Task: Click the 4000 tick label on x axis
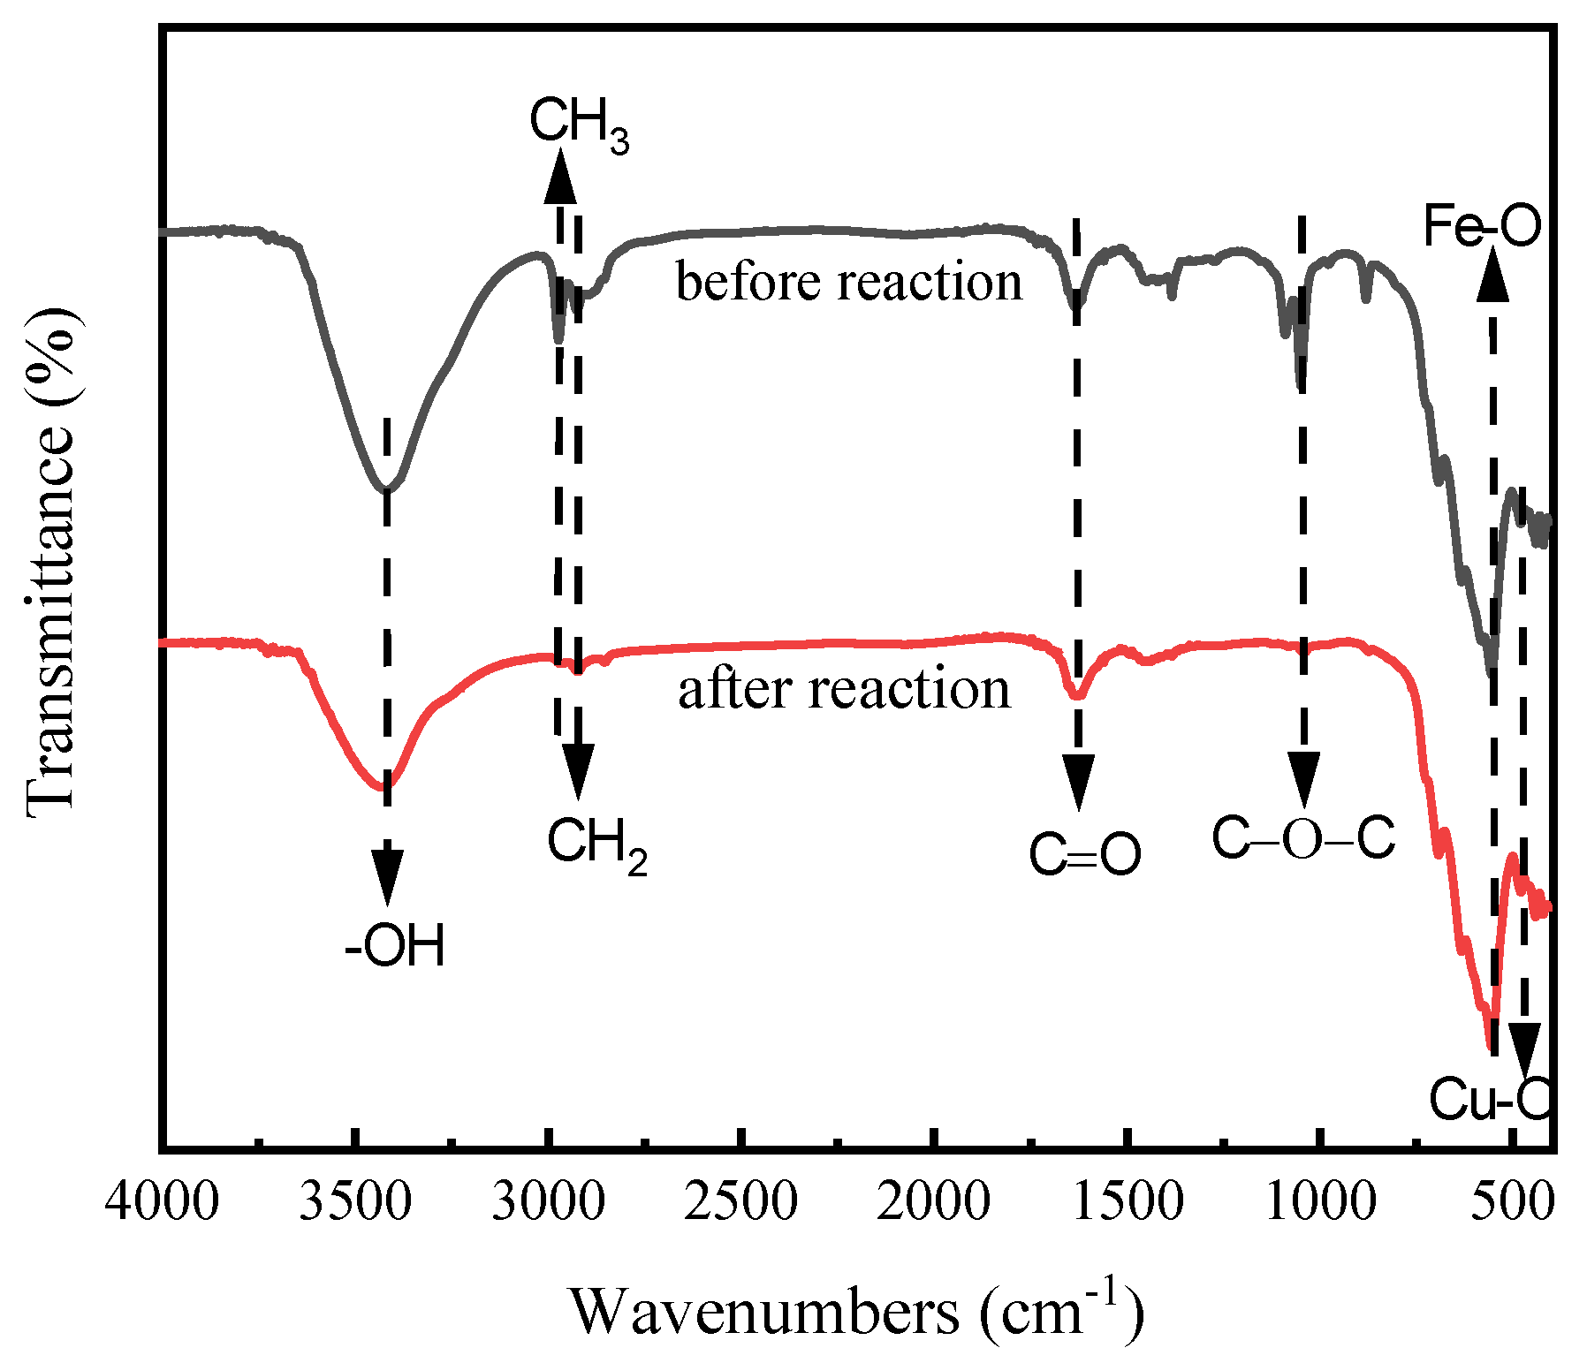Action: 162,1203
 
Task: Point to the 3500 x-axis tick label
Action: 354,1203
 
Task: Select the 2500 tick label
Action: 740,1203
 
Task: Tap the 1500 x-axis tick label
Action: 1128,1203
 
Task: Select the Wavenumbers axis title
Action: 855,1311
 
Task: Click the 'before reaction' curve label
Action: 848,283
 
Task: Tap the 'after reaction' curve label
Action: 844,690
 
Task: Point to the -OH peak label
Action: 395,946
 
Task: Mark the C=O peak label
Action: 1084,855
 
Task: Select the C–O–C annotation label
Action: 1302,837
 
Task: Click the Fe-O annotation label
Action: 1482,225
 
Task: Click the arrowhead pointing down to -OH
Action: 387,876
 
